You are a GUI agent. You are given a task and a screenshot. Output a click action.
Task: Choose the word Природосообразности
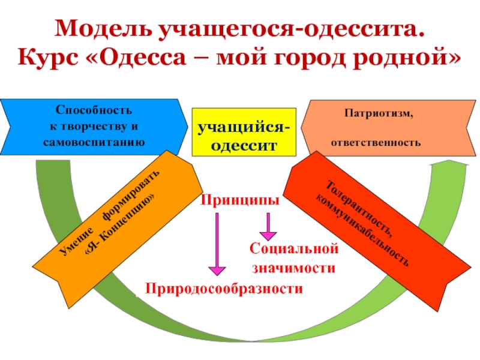coord(223,289)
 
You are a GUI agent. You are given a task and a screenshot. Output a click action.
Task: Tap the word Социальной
coord(294,248)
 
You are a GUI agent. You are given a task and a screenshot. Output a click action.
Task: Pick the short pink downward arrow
coord(268,225)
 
